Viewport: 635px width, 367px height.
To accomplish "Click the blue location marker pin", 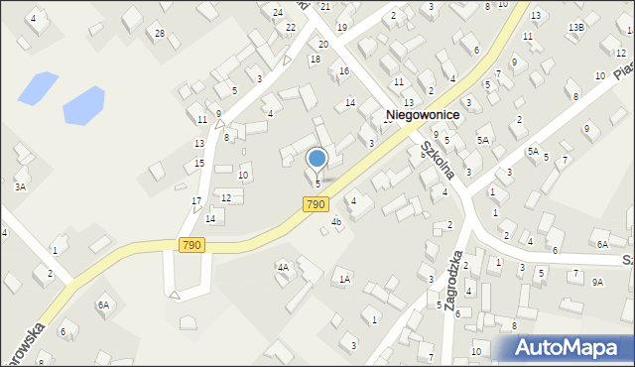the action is point(317,160).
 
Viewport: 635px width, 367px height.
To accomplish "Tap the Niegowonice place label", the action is point(422,115).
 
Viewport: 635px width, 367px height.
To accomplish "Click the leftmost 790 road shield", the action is point(192,244).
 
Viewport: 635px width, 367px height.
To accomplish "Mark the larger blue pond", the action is point(83,104).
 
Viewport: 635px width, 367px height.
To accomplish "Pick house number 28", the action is point(160,34).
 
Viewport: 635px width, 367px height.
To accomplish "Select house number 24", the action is point(278,12).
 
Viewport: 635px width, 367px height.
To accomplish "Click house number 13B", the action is point(575,27).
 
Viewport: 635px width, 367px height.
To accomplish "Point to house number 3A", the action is point(20,186).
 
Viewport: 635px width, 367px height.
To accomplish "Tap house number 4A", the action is point(283,267).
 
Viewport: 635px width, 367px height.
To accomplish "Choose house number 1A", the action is point(344,280).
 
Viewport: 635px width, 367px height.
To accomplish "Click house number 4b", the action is point(336,221).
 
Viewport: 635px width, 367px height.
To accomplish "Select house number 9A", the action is point(597,282).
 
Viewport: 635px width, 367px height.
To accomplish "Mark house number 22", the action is point(291,27).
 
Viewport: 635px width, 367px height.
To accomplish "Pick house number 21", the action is point(340,6).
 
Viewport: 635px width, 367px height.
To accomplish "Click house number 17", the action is point(196,201).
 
